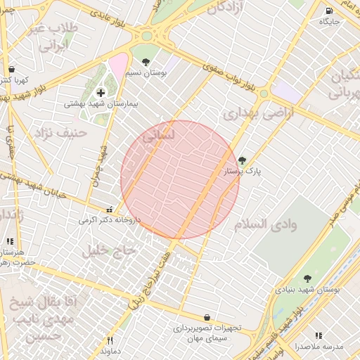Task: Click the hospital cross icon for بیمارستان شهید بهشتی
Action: point(101,93)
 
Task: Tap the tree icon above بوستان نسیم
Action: point(146,62)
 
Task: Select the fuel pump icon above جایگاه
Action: point(330,11)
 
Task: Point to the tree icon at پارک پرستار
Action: point(243,160)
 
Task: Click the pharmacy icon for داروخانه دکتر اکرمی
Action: point(108,210)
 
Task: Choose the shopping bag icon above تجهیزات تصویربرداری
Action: point(207,318)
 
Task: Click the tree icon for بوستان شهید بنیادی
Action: point(307,279)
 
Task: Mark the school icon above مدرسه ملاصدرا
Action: point(319,336)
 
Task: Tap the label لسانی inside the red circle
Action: point(158,139)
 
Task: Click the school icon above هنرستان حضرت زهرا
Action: point(10,240)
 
